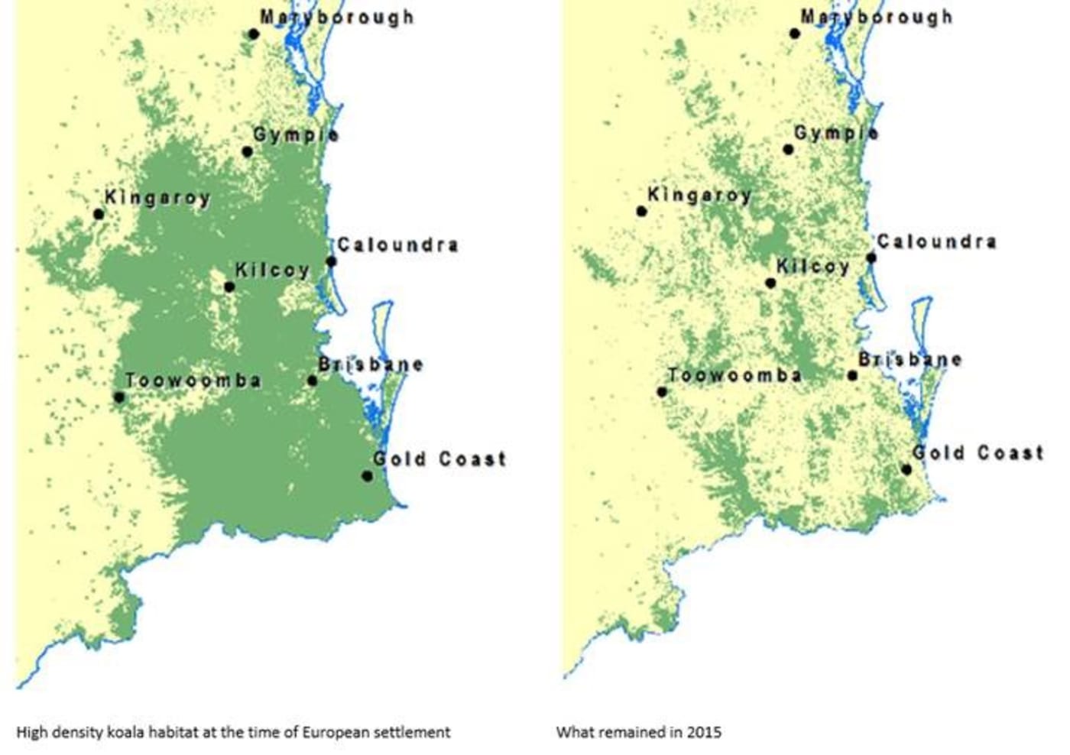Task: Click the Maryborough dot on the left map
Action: pos(254,34)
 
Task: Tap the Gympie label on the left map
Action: pos(296,134)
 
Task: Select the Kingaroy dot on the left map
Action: pos(99,214)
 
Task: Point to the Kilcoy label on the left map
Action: pos(272,270)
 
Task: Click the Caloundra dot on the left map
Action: pos(331,261)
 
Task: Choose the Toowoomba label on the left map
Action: pos(193,380)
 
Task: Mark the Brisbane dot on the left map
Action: pos(312,381)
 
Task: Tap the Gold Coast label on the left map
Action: pos(439,459)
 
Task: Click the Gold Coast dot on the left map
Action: pos(367,476)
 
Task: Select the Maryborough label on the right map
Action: pos(877,17)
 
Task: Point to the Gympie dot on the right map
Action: pos(788,149)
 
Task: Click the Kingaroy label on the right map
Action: pos(699,195)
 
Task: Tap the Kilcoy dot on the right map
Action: pos(770,284)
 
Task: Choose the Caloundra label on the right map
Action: pos(936,241)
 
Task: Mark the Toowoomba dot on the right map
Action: pos(662,392)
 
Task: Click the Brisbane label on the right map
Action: pos(909,359)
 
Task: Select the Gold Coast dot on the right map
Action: pos(906,469)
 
